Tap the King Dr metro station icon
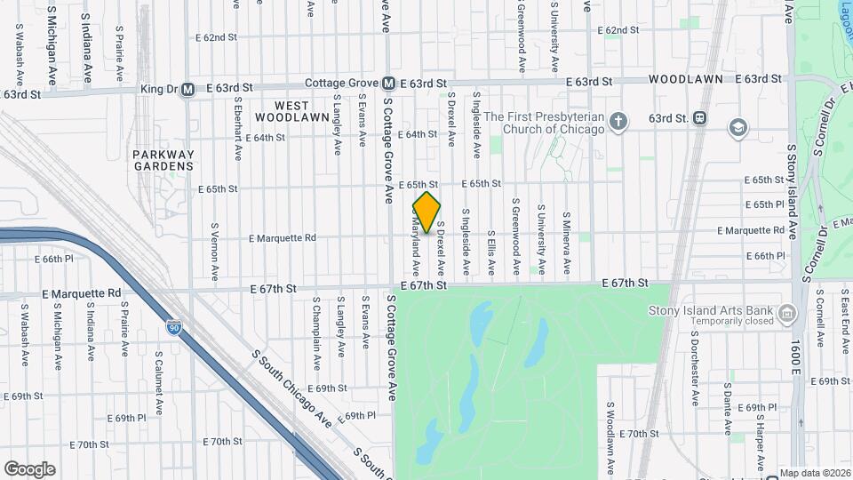click(187, 89)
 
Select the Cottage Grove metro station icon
click(388, 84)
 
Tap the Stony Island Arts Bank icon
click(786, 313)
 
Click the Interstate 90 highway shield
click(174, 328)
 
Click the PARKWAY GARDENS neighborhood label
click(163, 160)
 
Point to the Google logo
click(29, 469)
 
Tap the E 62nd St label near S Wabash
click(217, 38)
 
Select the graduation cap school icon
click(737, 127)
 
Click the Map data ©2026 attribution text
click(814, 473)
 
